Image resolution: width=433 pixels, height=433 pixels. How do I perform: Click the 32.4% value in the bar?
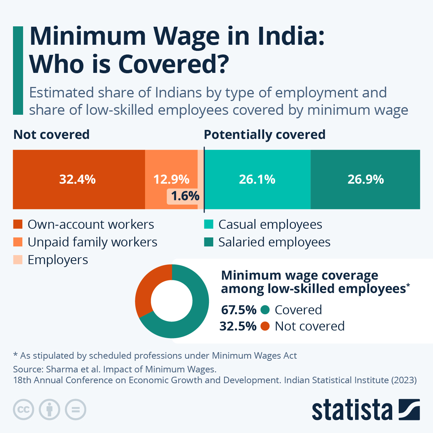click(x=77, y=179)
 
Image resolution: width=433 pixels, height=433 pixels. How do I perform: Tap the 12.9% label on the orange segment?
click(x=171, y=179)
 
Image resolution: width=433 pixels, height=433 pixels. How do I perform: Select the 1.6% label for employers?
click(x=185, y=196)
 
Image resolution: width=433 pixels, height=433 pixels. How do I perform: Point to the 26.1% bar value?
click(x=257, y=179)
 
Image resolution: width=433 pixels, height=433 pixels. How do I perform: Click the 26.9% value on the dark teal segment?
click(x=366, y=179)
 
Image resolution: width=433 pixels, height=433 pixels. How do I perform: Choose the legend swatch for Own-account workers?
click(x=18, y=224)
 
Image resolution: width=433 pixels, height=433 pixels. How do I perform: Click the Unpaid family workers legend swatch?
click(x=18, y=242)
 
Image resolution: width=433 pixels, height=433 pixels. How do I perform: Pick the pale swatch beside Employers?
click(x=18, y=260)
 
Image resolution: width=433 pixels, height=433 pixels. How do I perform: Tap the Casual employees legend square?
click(x=209, y=224)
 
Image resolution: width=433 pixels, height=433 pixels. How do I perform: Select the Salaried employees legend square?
click(x=209, y=242)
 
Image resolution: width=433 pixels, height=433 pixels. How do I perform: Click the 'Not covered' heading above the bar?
click(x=51, y=135)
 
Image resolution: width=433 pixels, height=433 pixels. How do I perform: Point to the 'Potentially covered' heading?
click(x=264, y=135)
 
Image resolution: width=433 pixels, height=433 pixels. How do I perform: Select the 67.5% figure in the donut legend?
click(x=239, y=310)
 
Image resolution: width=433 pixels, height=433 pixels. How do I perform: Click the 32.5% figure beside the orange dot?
click(x=238, y=326)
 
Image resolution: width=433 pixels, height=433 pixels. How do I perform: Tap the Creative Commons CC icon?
click(x=23, y=410)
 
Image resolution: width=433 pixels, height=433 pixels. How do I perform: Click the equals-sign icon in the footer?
click(x=75, y=410)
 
